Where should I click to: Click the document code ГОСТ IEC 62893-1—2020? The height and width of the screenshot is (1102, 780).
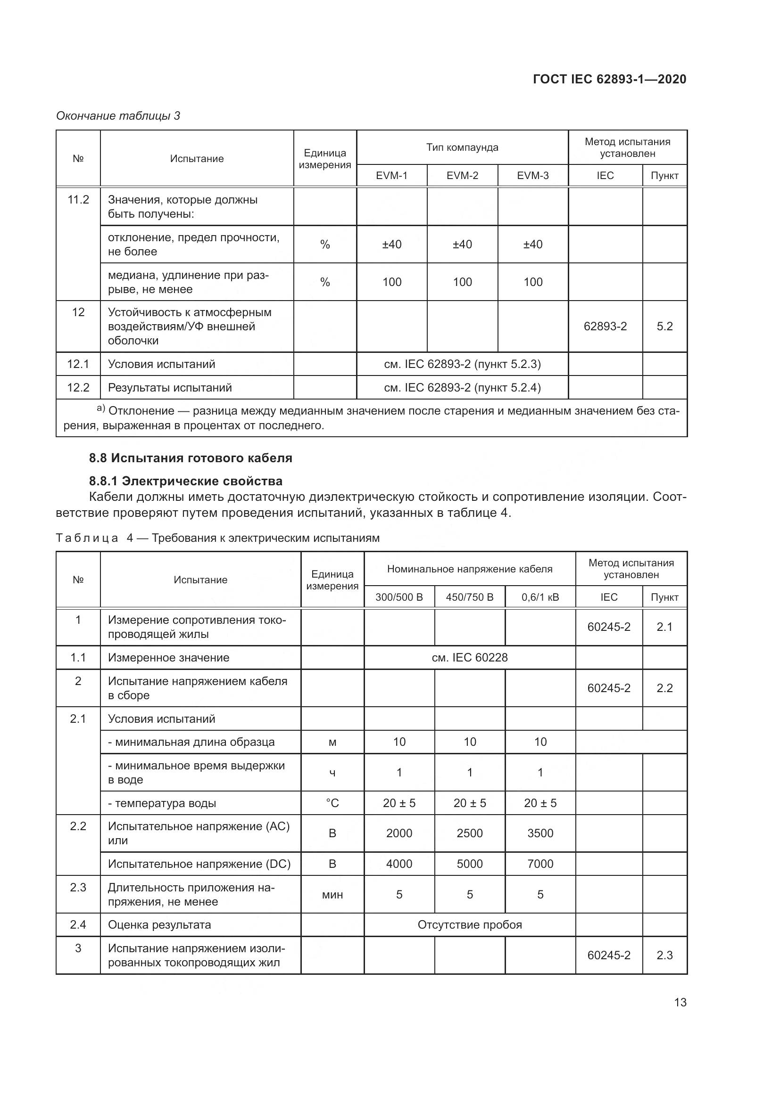(609, 79)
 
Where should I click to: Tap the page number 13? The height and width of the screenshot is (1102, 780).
(680, 1002)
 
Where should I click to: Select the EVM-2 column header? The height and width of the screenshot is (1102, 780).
(462, 176)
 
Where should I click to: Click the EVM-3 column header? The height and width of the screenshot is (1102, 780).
(532, 176)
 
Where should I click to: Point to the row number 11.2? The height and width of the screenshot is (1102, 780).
(78, 200)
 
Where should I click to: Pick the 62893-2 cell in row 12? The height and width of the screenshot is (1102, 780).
(605, 327)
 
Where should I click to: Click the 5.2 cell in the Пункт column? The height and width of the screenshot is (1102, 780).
(664, 327)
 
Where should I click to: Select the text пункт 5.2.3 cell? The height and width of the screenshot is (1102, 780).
(462, 364)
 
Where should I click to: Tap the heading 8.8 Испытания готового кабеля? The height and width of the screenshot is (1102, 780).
(190, 458)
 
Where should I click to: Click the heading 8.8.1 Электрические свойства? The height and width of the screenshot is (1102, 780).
(185, 481)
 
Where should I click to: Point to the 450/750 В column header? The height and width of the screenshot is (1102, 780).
(469, 597)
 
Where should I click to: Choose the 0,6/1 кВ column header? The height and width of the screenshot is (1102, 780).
(540, 597)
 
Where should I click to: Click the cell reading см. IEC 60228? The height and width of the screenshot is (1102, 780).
(469, 658)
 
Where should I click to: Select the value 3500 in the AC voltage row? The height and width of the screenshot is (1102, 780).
(540, 833)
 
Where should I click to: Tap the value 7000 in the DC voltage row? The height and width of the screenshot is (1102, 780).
(540, 864)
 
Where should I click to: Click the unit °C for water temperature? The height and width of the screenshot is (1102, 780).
(332, 803)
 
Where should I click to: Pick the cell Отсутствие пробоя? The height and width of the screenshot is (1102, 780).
(469, 925)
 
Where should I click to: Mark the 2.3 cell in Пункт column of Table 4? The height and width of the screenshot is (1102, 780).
(664, 955)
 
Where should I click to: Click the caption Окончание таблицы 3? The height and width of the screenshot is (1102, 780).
(118, 116)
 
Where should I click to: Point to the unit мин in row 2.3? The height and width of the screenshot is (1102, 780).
(332, 895)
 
